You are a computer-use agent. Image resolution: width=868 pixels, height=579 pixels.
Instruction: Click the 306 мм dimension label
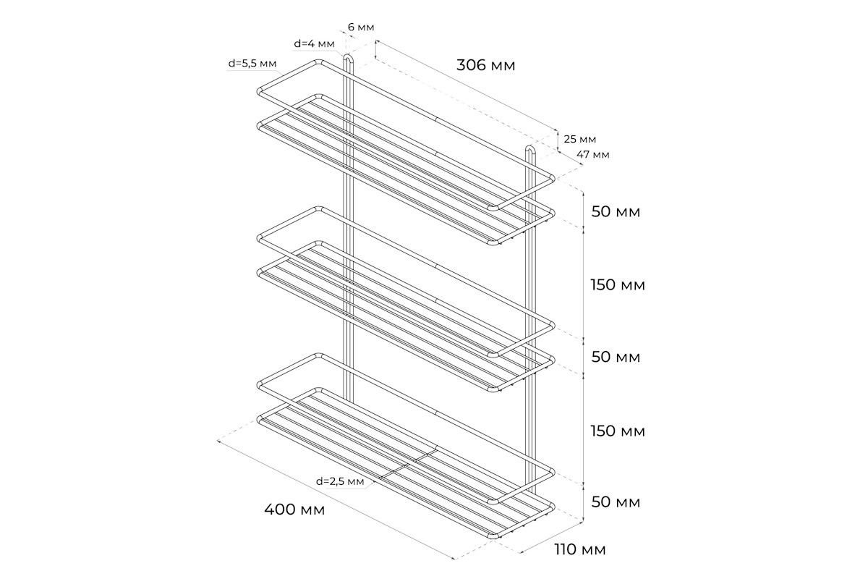486,65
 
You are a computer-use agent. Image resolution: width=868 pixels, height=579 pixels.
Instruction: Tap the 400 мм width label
294,510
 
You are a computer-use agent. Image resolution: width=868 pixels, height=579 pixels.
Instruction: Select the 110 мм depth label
580,549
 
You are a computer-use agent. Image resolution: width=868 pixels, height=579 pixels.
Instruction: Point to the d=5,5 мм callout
252,63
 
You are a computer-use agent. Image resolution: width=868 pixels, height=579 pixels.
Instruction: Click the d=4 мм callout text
314,43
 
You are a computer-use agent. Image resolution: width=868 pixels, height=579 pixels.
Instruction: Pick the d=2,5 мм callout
340,481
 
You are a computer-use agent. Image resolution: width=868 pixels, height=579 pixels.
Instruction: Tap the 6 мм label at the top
361,28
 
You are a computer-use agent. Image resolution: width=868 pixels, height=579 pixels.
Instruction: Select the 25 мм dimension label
579,139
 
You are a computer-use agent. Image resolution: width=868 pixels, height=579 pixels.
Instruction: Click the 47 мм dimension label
593,154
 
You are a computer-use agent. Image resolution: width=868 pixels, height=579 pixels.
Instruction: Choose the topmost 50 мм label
616,212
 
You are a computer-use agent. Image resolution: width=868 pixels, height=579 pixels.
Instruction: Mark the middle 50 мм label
616,357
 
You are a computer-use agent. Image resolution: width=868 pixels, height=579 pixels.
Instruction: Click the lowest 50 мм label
616,502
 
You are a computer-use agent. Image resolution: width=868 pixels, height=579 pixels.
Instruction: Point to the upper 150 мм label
618,284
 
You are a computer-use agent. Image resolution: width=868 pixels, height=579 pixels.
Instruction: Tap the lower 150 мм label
618,431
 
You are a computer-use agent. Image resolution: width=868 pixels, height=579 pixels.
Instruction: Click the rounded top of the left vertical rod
348,56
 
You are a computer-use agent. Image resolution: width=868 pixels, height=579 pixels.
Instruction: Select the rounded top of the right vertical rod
530,148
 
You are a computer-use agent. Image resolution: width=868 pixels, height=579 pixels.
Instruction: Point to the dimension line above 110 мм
551,537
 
